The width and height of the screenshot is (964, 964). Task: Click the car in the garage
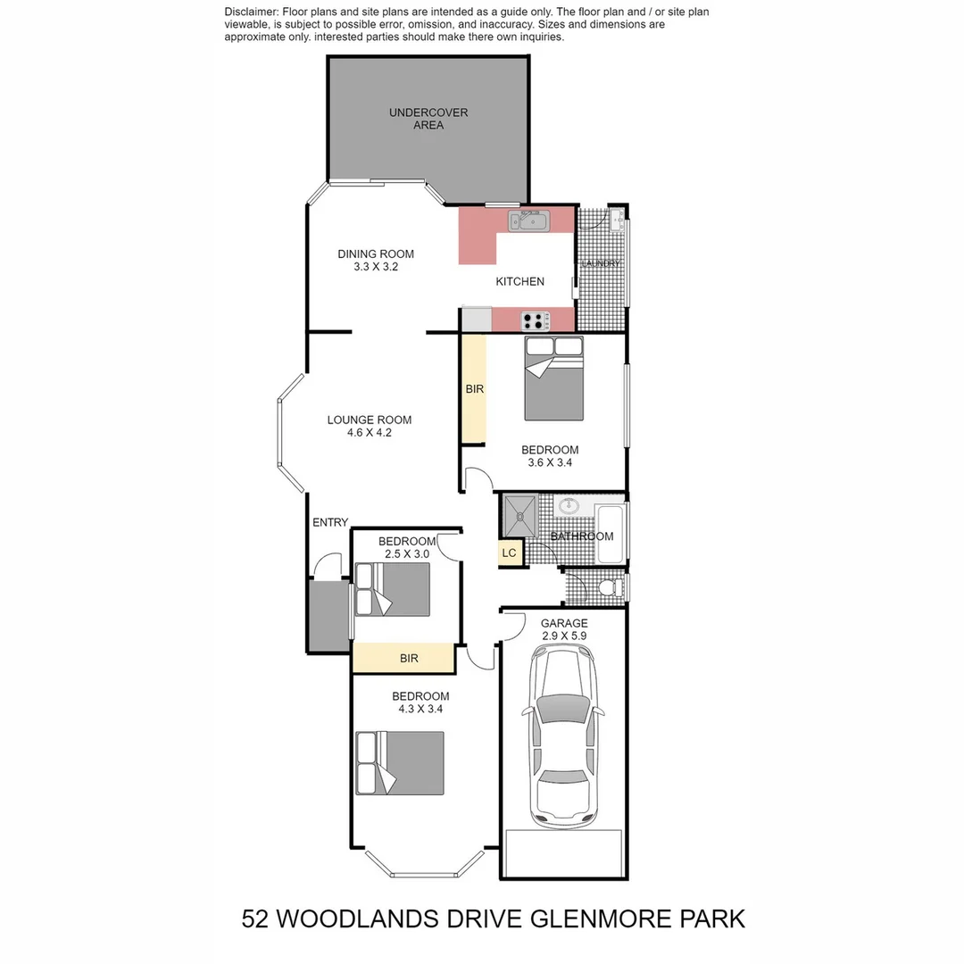563,736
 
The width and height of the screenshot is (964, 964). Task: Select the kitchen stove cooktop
535,320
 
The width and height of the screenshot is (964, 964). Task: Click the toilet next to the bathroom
611,587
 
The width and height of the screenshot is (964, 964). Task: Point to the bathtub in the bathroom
611,534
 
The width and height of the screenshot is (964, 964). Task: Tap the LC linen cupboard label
509,553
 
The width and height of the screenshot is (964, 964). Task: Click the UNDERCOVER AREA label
428,119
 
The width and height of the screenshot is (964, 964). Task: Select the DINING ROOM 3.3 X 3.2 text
376,260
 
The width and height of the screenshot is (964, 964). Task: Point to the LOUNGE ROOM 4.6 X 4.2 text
370,426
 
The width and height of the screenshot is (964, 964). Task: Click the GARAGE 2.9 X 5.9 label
563,629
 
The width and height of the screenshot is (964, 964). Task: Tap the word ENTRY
330,522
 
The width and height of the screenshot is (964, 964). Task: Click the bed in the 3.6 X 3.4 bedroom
553,379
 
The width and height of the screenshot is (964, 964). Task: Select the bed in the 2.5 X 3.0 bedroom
393,589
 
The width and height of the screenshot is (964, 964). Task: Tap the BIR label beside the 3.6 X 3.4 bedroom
474,389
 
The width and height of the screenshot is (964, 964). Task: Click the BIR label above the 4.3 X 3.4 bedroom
409,659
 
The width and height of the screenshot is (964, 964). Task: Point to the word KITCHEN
519,281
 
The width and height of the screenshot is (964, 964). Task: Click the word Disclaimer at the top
251,12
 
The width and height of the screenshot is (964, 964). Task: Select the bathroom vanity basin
569,506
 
